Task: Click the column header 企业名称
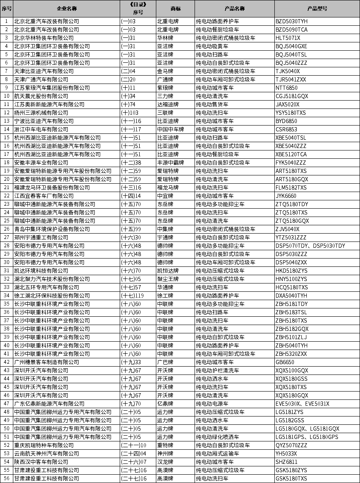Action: pos(67,8)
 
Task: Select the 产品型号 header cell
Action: pos(317,8)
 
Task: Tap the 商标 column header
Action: pos(175,8)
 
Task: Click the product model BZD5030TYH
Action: pos(291,21)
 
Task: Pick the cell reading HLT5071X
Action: pos(288,38)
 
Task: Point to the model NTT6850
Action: pos(286,88)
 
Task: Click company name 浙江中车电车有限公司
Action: pos(41,129)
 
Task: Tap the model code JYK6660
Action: pos(286,196)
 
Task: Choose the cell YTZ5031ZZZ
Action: pos(291,237)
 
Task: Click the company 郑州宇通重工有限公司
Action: pos(41,237)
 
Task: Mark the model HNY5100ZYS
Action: pos(291,279)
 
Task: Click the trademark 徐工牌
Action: pos(165,296)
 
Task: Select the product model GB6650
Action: pos(285,362)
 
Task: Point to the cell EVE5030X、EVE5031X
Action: pos(302,404)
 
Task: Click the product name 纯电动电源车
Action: pos(212,404)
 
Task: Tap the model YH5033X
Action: pos(286,453)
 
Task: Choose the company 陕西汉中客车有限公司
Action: pos(41,462)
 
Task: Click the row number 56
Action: pos(6,478)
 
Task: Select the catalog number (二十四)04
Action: pos(133,453)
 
